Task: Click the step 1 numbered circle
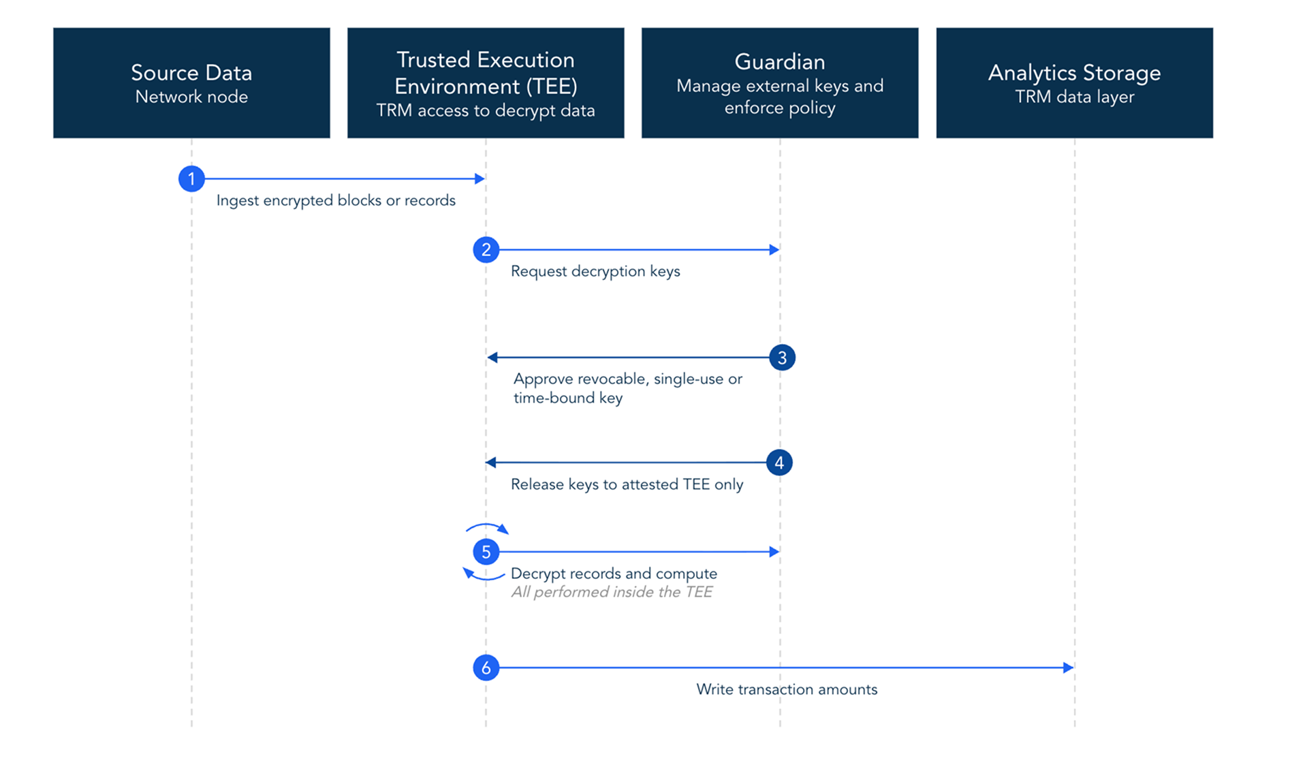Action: pos(191,178)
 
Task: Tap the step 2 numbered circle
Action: pos(486,250)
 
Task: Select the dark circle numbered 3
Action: pos(782,358)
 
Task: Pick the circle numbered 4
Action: pos(779,463)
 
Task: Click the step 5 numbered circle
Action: pos(486,552)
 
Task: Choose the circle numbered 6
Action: pos(486,667)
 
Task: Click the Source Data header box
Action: pos(191,82)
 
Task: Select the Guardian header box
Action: pos(780,82)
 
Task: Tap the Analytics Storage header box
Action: pos(1075,82)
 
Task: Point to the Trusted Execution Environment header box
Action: pos(486,82)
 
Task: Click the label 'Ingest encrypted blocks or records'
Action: pos(336,201)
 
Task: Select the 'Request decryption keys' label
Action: pos(595,272)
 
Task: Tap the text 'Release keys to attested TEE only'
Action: pos(627,484)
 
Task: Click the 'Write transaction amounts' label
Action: pos(787,689)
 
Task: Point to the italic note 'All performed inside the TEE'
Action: pos(612,592)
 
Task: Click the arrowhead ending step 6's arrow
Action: pos(1069,667)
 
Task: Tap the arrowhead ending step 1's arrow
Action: pos(479,178)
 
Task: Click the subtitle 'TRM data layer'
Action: pos(1075,97)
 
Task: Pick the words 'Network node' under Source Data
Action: pos(191,97)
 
